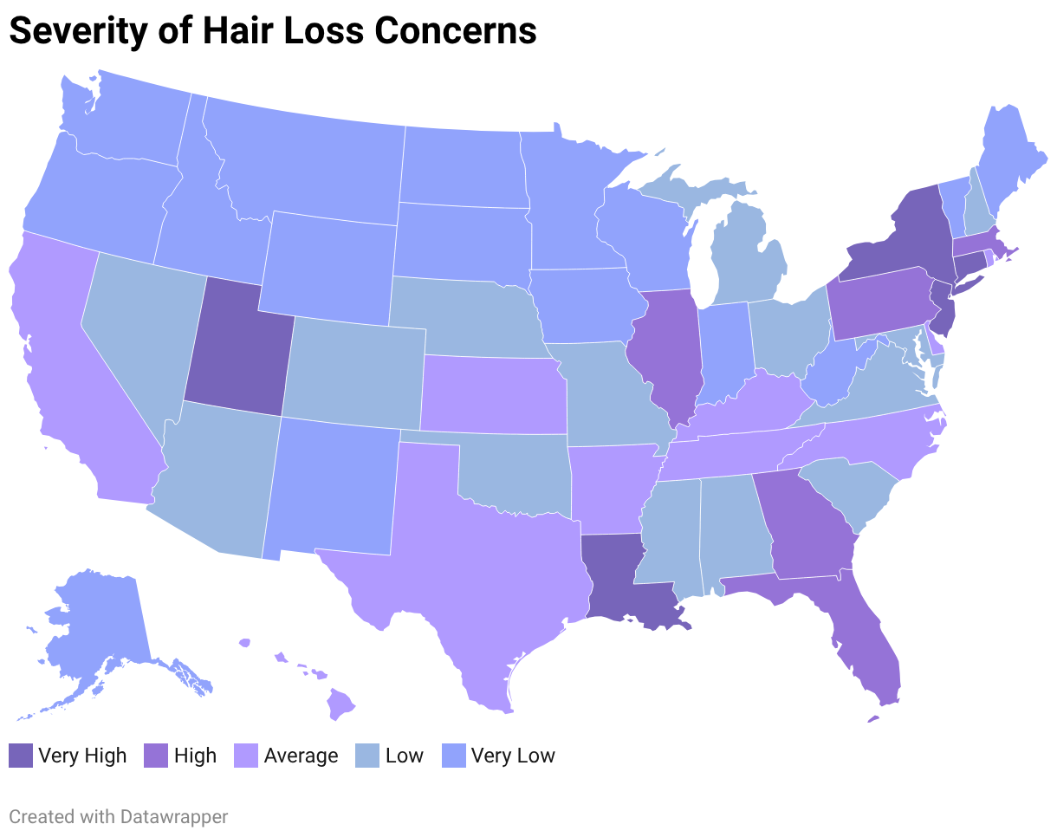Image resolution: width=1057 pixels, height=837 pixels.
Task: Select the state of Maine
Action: pos(1005,156)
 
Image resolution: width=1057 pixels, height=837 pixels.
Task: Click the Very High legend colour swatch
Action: pos(20,756)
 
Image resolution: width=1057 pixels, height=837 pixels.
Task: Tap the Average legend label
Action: pos(301,756)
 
